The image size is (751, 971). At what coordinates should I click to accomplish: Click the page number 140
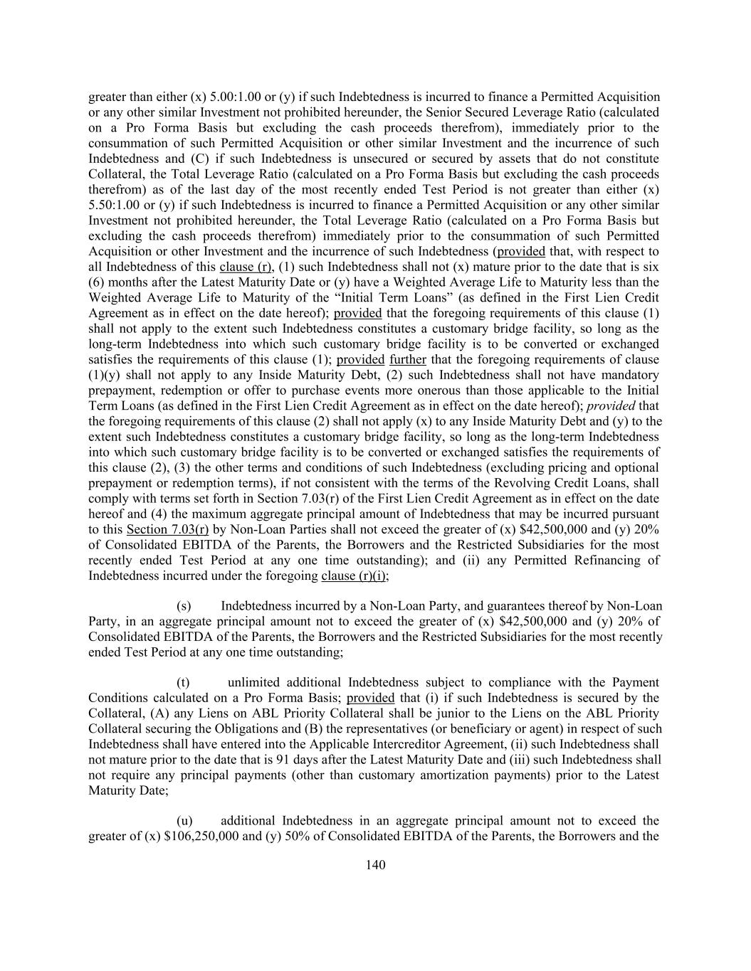[375, 865]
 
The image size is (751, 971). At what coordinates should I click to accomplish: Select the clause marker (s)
[184, 606]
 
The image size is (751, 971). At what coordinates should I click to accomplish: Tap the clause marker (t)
[183, 682]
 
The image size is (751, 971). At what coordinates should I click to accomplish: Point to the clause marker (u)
[184, 820]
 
